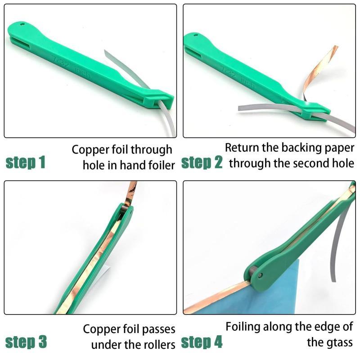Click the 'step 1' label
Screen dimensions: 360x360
point(25,162)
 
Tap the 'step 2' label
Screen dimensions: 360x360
point(202,162)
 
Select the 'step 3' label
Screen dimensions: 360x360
point(26,342)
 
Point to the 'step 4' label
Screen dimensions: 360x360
point(202,342)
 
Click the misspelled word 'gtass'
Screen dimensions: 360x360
point(330,342)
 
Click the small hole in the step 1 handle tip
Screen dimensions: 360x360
point(22,24)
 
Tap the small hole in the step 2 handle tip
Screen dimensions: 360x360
point(196,35)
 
